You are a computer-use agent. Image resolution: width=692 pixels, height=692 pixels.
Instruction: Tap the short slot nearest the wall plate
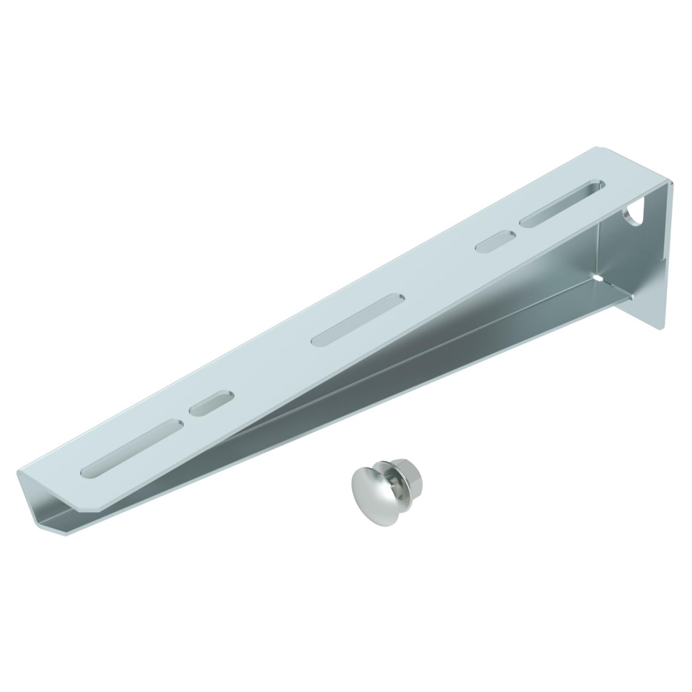coord(495,240)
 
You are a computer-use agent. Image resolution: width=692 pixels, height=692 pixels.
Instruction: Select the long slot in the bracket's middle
coord(357,320)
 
